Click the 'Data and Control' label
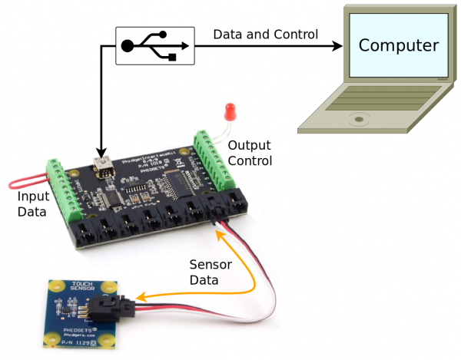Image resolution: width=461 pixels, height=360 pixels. click(x=265, y=35)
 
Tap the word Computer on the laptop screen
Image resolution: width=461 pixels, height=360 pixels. click(x=399, y=45)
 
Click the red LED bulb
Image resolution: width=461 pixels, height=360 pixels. click(x=228, y=113)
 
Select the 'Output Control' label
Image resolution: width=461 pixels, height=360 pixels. click(x=250, y=153)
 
